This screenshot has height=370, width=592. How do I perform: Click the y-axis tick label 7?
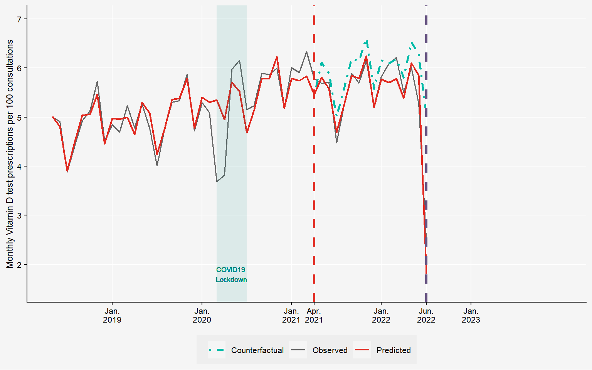pos(20,19)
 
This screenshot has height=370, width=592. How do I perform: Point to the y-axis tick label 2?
pos(20,264)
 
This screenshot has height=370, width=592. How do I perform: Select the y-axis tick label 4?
pos(20,166)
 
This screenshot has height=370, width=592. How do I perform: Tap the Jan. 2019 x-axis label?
pos(112,315)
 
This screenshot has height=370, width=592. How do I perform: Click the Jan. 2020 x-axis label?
pos(202,315)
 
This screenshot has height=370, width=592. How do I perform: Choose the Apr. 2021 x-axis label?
pos(314,315)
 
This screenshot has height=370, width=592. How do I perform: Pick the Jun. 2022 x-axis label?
pos(426,315)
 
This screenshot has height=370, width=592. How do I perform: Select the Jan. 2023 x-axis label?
pos(471,315)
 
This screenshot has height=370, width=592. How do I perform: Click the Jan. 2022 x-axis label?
pos(381,315)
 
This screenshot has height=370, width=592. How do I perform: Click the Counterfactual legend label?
pos(257,350)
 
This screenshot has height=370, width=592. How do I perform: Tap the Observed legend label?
pos(330,350)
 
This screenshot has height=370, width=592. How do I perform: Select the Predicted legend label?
pos(394,350)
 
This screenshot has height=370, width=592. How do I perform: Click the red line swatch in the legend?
pos(362,350)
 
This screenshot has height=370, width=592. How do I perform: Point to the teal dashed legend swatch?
pos(217,350)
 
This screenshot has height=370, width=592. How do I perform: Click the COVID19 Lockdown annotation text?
pos(231,275)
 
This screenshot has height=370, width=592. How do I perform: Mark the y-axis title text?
pos(10,154)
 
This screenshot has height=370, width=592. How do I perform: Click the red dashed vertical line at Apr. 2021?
pos(314,193)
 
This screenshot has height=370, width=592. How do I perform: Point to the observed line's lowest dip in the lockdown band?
pos(217,182)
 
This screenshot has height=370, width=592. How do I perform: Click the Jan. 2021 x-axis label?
pos(291,315)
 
